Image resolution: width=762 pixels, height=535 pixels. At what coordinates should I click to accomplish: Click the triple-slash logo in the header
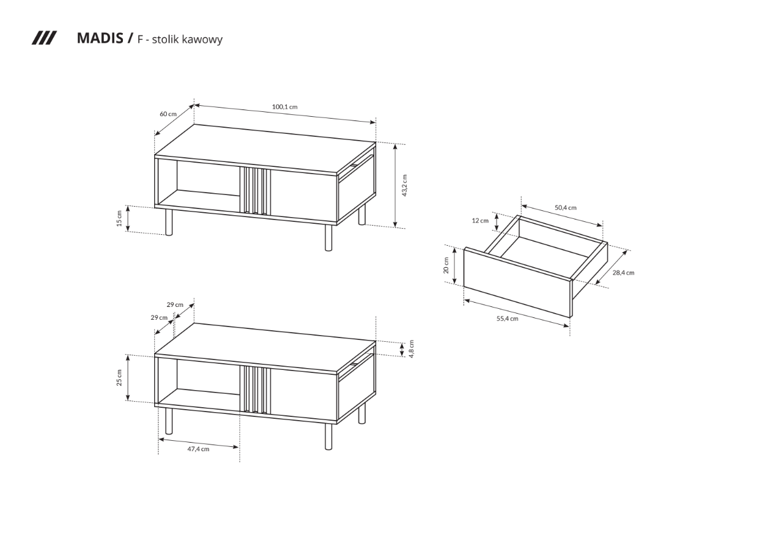pyautogui.click(x=44, y=38)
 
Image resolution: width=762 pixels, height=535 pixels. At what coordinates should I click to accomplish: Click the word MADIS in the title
pyautogui.click(x=100, y=38)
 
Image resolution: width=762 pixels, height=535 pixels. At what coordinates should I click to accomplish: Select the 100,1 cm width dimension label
pyautogui.click(x=285, y=107)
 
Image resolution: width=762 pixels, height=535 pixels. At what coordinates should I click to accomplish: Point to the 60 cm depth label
pyautogui.click(x=168, y=114)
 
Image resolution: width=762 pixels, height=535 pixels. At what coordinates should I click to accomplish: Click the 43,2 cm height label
pyautogui.click(x=404, y=186)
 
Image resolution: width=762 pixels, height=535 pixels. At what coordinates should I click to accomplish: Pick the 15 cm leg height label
pyautogui.click(x=119, y=218)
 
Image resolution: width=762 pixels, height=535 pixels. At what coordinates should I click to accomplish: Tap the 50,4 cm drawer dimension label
pyautogui.click(x=566, y=207)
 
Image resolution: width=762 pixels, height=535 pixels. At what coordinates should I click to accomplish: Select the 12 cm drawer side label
pyautogui.click(x=480, y=221)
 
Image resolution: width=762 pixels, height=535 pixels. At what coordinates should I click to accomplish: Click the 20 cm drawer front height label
pyautogui.click(x=446, y=265)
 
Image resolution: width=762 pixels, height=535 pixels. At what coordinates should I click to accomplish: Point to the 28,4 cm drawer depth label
pyautogui.click(x=624, y=273)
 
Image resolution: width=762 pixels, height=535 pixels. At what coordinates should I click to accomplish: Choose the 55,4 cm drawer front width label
pyautogui.click(x=507, y=319)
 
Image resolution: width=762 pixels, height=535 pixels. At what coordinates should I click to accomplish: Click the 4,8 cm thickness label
pyautogui.click(x=412, y=349)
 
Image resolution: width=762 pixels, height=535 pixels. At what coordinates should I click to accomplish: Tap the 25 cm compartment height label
pyautogui.click(x=119, y=378)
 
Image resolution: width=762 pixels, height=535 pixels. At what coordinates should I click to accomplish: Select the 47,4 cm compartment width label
pyautogui.click(x=198, y=449)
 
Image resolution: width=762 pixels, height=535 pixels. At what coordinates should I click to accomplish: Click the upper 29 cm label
pyautogui.click(x=175, y=304)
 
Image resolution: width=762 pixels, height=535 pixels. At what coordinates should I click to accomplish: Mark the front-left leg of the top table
pyautogui.click(x=169, y=222)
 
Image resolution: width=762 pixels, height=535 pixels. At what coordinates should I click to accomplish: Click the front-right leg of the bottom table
pyautogui.click(x=328, y=437)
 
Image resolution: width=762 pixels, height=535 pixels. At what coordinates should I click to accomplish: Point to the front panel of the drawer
pyautogui.click(x=517, y=282)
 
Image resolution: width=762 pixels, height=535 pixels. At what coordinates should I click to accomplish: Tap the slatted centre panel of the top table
pyautogui.click(x=255, y=191)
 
